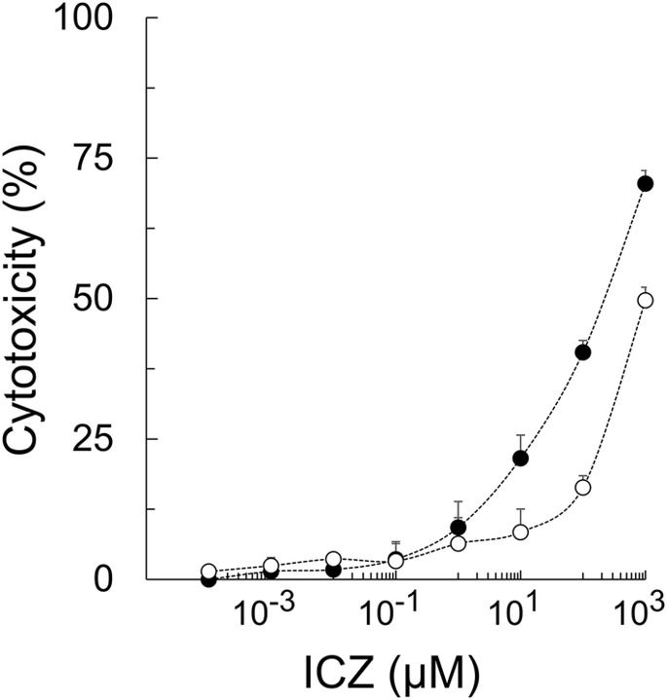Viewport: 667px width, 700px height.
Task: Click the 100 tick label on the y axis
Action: pos(102,19)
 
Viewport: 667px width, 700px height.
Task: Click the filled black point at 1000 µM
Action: pos(645,183)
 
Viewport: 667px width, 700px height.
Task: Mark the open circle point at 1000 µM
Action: pos(645,300)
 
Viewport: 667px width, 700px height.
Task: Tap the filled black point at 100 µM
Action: pos(583,352)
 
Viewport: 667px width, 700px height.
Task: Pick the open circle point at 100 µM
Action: pos(583,487)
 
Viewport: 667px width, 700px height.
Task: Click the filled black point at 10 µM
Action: pos(520,458)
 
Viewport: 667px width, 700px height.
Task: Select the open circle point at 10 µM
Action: pos(520,532)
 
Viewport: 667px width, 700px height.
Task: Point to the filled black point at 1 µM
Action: pos(458,528)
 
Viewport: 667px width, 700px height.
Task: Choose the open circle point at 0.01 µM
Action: pos(333,559)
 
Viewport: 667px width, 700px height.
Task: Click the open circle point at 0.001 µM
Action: pos(271,565)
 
